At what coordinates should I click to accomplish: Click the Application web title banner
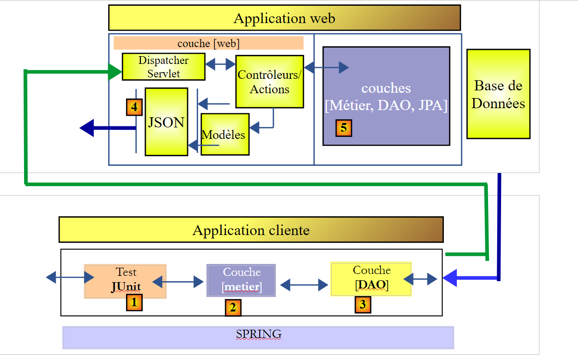point(284,18)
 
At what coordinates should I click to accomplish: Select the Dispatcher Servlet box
point(163,67)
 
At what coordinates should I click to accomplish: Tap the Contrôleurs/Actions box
point(270,82)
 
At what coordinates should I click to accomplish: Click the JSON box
point(166,122)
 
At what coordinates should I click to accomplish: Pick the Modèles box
point(225,134)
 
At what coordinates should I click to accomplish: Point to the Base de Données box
point(498,94)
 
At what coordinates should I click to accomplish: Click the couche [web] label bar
point(208,43)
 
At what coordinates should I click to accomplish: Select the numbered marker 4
point(134,107)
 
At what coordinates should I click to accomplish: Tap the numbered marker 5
point(343,128)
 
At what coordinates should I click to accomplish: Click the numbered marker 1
point(134,302)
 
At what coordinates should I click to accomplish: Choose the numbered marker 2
point(233,308)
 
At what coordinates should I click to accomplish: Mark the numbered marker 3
point(363,304)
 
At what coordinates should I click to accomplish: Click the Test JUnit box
point(126,281)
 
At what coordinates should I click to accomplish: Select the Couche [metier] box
point(241,280)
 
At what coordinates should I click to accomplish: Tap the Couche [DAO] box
point(371,279)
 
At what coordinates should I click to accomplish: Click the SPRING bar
point(258,337)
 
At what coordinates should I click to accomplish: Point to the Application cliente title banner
point(251,230)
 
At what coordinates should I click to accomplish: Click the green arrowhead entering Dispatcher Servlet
point(115,72)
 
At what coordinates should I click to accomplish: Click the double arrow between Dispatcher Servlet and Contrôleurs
point(220,63)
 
